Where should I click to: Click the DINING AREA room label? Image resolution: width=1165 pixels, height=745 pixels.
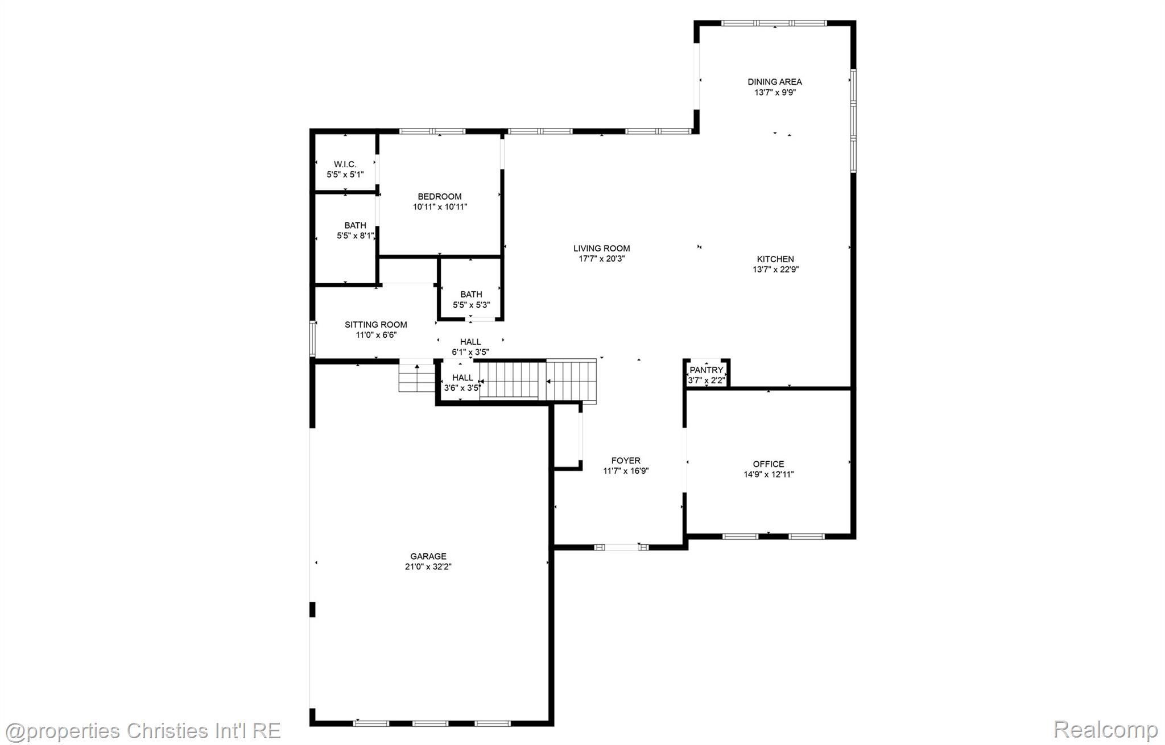774,82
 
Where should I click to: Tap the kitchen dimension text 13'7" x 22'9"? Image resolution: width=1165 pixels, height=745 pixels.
775,270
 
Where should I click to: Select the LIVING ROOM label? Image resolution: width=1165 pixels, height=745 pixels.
601,249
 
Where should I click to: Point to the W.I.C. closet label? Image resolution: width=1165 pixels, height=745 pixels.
345,164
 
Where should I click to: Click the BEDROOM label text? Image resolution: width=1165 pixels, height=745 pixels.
439,197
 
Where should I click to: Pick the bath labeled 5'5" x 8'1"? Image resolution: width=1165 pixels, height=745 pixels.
355,230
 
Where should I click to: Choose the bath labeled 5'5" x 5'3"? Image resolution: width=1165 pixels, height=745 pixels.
471,300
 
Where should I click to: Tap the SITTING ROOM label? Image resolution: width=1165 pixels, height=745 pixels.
375,325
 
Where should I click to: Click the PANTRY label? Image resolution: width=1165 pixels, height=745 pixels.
706,370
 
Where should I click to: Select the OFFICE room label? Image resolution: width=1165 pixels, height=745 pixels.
768,464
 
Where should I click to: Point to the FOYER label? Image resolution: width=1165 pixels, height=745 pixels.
626,461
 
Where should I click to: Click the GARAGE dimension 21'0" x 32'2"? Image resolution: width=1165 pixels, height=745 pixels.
428,566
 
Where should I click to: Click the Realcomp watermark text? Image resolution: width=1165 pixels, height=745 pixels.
1105,729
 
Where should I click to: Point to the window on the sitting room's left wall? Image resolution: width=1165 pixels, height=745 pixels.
312,339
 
